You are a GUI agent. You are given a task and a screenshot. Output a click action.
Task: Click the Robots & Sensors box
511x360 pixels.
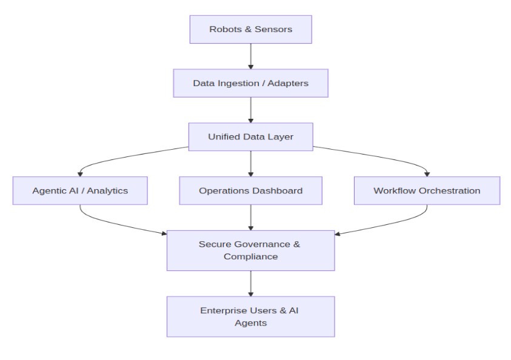tap(250, 29)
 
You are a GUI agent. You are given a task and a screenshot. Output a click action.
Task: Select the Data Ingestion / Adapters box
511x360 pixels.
tap(250, 83)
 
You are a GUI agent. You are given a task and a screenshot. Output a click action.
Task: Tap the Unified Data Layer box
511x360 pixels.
tap(250, 136)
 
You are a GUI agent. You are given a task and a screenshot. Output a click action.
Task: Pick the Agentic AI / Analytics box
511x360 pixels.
tap(80, 190)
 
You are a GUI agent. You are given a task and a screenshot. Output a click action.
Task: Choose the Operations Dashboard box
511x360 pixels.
tap(250, 190)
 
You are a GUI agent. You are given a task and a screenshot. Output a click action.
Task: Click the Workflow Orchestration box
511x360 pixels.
tap(427, 190)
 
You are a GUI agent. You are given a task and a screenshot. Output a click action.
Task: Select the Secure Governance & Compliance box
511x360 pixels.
tap(250, 250)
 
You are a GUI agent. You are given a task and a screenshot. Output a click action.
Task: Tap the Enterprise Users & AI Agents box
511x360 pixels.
tap(250, 316)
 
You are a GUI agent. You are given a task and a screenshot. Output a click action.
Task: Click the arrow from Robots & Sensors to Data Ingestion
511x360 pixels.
tap(250, 56)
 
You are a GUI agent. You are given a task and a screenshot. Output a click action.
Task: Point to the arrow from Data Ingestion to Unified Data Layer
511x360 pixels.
tap(250, 110)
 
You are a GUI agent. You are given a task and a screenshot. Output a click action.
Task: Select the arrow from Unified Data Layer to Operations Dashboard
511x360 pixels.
tap(250, 164)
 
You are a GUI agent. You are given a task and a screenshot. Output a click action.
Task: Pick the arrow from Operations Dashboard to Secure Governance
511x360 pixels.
tap(250, 217)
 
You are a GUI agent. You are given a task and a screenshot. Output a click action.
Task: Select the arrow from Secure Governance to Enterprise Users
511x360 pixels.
tap(250, 283)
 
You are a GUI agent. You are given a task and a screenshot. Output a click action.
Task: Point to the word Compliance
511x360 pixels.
tap(250, 256)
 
